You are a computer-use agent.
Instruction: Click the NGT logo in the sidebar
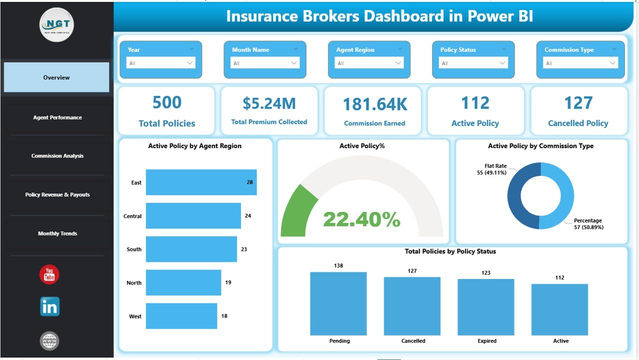pyautogui.click(x=56, y=24)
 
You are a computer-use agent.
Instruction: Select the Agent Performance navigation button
pyautogui.click(x=57, y=117)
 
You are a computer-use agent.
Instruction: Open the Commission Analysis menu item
pyautogui.click(x=57, y=156)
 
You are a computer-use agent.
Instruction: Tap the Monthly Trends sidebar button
pyautogui.click(x=57, y=233)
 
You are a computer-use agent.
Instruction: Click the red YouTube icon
pyautogui.click(x=49, y=274)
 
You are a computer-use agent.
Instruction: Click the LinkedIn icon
pyautogui.click(x=49, y=306)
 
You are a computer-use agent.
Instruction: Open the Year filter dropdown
pyautogui.click(x=160, y=63)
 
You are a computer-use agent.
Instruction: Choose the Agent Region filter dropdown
pyautogui.click(x=369, y=63)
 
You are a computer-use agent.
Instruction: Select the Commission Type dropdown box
pyautogui.click(x=580, y=63)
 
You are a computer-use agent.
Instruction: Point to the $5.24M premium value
pyautogui.click(x=269, y=103)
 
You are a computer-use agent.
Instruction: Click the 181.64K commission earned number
pyautogui.click(x=374, y=104)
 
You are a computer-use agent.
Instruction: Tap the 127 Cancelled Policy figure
pyautogui.click(x=578, y=103)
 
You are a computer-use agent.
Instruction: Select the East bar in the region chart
pyautogui.click(x=201, y=182)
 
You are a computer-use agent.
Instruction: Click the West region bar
pyautogui.click(x=181, y=316)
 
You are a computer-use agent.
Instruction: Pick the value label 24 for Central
pyautogui.click(x=248, y=216)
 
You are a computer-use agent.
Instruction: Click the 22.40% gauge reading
pyautogui.click(x=361, y=219)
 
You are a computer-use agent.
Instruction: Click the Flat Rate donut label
pyautogui.click(x=495, y=166)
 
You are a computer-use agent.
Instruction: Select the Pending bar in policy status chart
pyautogui.click(x=338, y=303)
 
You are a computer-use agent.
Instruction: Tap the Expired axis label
pyautogui.click(x=486, y=341)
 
